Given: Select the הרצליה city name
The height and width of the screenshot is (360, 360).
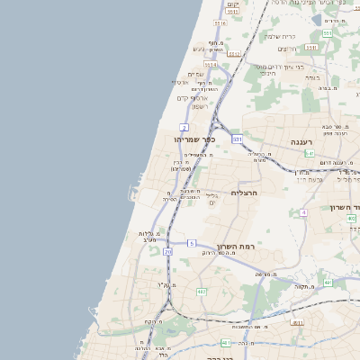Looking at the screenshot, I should (x=245, y=193).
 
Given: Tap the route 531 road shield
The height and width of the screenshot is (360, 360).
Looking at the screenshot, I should (x=238, y=139).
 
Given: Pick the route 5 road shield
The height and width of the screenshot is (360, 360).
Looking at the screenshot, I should (x=191, y=243).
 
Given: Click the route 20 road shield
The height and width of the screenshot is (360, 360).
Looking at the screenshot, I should (x=167, y=252).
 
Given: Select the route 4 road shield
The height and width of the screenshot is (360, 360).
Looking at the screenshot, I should (x=304, y=213).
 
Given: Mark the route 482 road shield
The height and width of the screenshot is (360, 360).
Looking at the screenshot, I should (x=202, y=292).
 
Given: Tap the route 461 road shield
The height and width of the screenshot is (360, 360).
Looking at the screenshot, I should (x=328, y=283).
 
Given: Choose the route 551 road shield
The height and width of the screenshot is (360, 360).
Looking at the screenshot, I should (x=326, y=33).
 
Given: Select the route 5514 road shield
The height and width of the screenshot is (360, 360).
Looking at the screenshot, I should (x=211, y=65).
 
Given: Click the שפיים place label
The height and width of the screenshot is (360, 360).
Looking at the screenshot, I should (x=196, y=74).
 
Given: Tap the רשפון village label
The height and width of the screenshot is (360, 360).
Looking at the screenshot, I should (x=200, y=106).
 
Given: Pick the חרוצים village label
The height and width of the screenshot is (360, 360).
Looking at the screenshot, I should (x=286, y=48).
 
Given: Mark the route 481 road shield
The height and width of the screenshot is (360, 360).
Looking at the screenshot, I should (x=224, y=343).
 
